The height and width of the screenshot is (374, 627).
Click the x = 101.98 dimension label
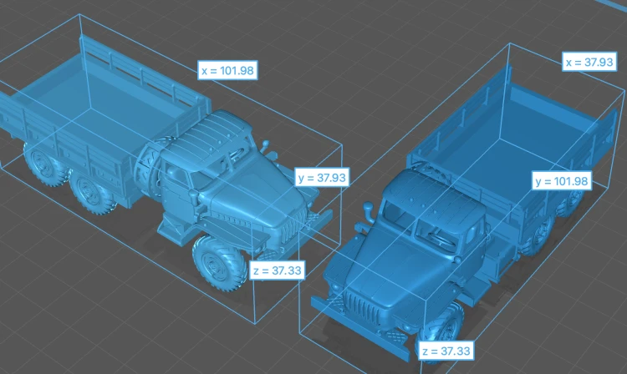[x=227, y=70]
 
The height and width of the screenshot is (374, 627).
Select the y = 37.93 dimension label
[x=322, y=177]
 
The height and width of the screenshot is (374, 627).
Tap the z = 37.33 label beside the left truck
[x=277, y=270]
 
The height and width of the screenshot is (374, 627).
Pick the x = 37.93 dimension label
[x=589, y=62]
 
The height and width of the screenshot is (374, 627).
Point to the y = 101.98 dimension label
[x=562, y=181]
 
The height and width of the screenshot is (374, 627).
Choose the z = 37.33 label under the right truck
[x=446, y=351]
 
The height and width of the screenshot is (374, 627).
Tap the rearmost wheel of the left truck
[x=43, y=164]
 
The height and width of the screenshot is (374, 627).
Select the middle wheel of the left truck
[x=90, y=191]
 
